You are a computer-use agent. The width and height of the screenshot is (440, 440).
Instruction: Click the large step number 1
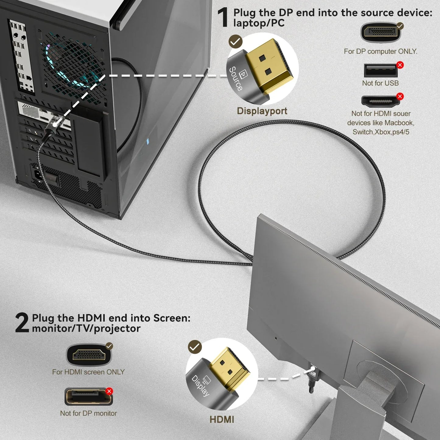223,18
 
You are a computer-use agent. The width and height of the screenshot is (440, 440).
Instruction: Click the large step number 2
22,323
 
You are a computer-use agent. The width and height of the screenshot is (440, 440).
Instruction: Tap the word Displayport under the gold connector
262,111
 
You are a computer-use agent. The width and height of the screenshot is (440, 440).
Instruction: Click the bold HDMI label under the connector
222,419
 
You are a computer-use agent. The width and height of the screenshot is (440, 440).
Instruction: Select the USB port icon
380,70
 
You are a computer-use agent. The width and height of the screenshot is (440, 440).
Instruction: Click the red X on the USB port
400,65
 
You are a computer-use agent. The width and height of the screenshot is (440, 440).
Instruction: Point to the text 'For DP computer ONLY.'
380,51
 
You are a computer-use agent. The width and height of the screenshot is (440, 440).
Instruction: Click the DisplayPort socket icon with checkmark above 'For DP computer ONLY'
380,32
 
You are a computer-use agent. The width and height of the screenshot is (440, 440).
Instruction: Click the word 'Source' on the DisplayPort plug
236,79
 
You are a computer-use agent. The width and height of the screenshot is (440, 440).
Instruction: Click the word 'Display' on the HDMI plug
200,385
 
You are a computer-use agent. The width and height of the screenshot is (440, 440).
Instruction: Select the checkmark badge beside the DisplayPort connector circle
235,42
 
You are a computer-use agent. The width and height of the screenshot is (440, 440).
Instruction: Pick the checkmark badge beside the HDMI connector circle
195,347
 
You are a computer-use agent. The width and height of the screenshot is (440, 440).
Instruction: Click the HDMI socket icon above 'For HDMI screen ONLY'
89,355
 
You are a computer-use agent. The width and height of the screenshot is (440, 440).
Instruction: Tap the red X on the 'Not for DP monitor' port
109,391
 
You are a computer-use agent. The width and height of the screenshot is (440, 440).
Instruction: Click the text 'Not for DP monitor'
88,413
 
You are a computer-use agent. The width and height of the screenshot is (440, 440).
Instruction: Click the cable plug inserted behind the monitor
312,376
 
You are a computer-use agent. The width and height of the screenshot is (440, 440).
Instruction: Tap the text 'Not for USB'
380,83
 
